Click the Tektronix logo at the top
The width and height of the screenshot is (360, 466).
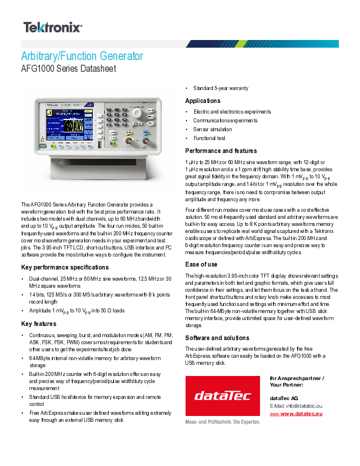click(x=52, y=27)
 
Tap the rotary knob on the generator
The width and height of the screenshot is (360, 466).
click(x=137, y=111)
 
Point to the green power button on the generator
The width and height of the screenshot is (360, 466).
click(x=43, y=139)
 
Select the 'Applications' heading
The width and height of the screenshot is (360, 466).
click(x=203, y=101)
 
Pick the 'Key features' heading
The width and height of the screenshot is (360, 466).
click(x=39, y=324)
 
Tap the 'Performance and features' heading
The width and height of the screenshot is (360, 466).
click(x=221, y=151)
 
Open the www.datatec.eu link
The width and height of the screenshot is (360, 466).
click(x=296, y=414)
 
